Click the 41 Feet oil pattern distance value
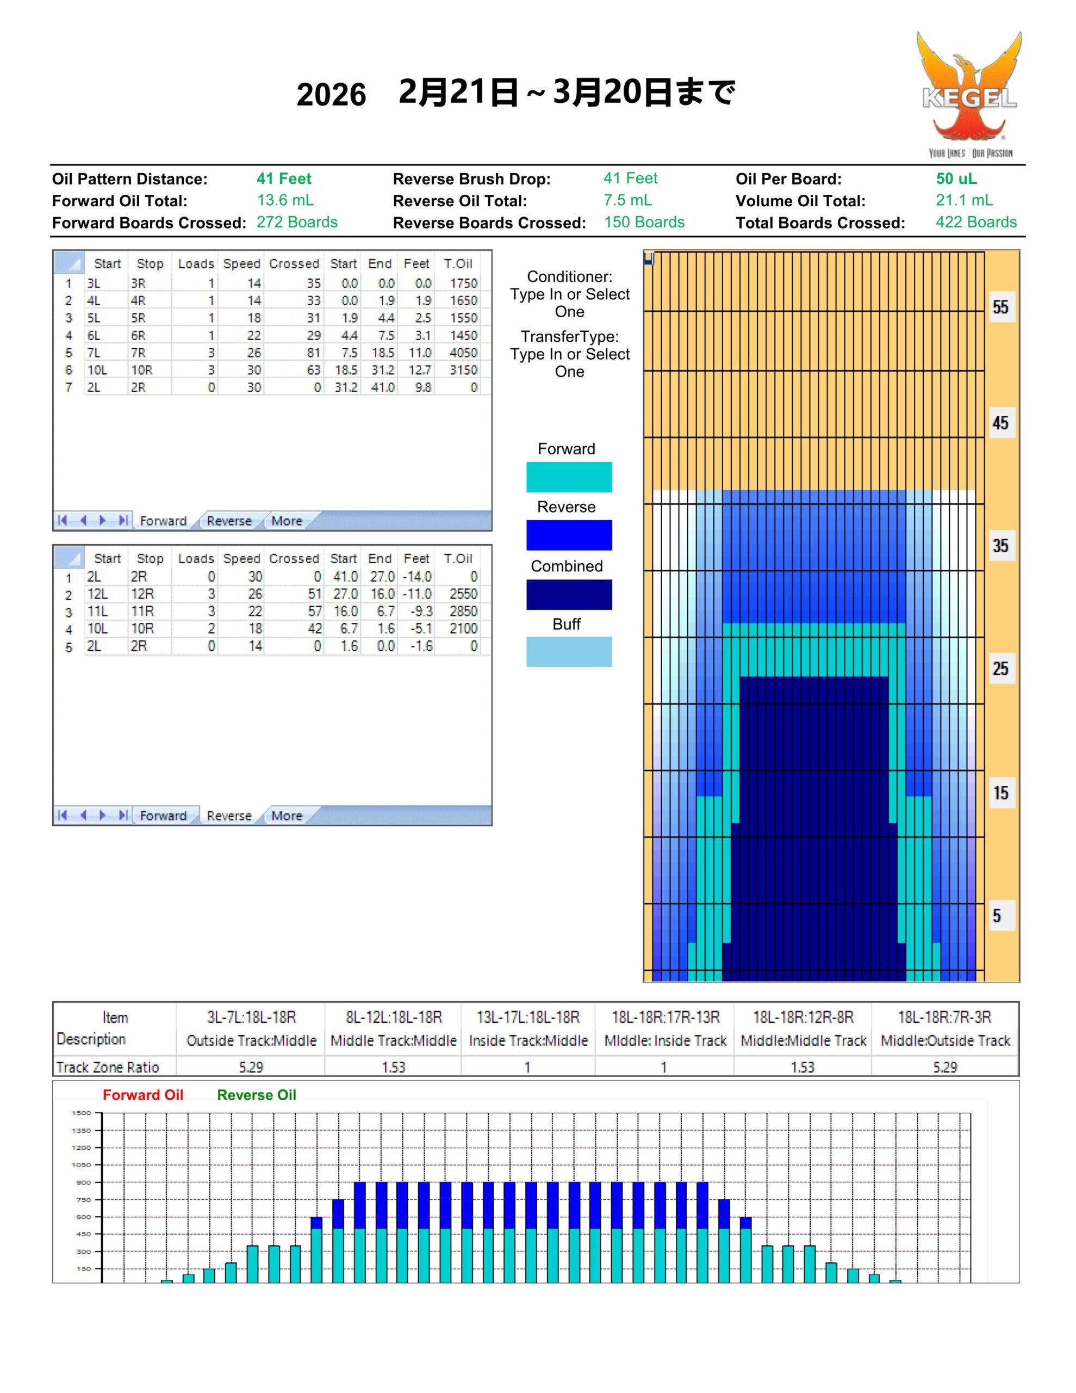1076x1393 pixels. pos(284,179)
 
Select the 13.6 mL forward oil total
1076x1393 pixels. pos(285,200)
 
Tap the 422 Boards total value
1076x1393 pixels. pos(975,222)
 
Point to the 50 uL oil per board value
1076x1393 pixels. pos(955,179)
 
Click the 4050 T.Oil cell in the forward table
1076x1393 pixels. pos(463,353)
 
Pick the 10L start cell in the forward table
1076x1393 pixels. pos(97,370)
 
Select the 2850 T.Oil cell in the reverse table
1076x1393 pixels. pos(463,611)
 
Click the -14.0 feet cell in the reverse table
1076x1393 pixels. pos(417,577)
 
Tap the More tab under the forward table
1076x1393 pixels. pos(286,521)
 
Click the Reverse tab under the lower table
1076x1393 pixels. pos(229,816)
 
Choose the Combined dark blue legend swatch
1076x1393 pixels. pos(569,594)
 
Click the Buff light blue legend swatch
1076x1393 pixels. pos(569,652)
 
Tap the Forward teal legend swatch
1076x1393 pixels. pos(569,477)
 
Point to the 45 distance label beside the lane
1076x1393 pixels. pos(1000,423)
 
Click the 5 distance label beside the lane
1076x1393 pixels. pos(996,916)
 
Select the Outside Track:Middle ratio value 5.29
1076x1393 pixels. pos(251,1068)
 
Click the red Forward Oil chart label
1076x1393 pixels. pos(143,1095)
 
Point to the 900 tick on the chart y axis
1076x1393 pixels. pos(84,1182)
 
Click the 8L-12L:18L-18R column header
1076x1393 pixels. pos(393,1018)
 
